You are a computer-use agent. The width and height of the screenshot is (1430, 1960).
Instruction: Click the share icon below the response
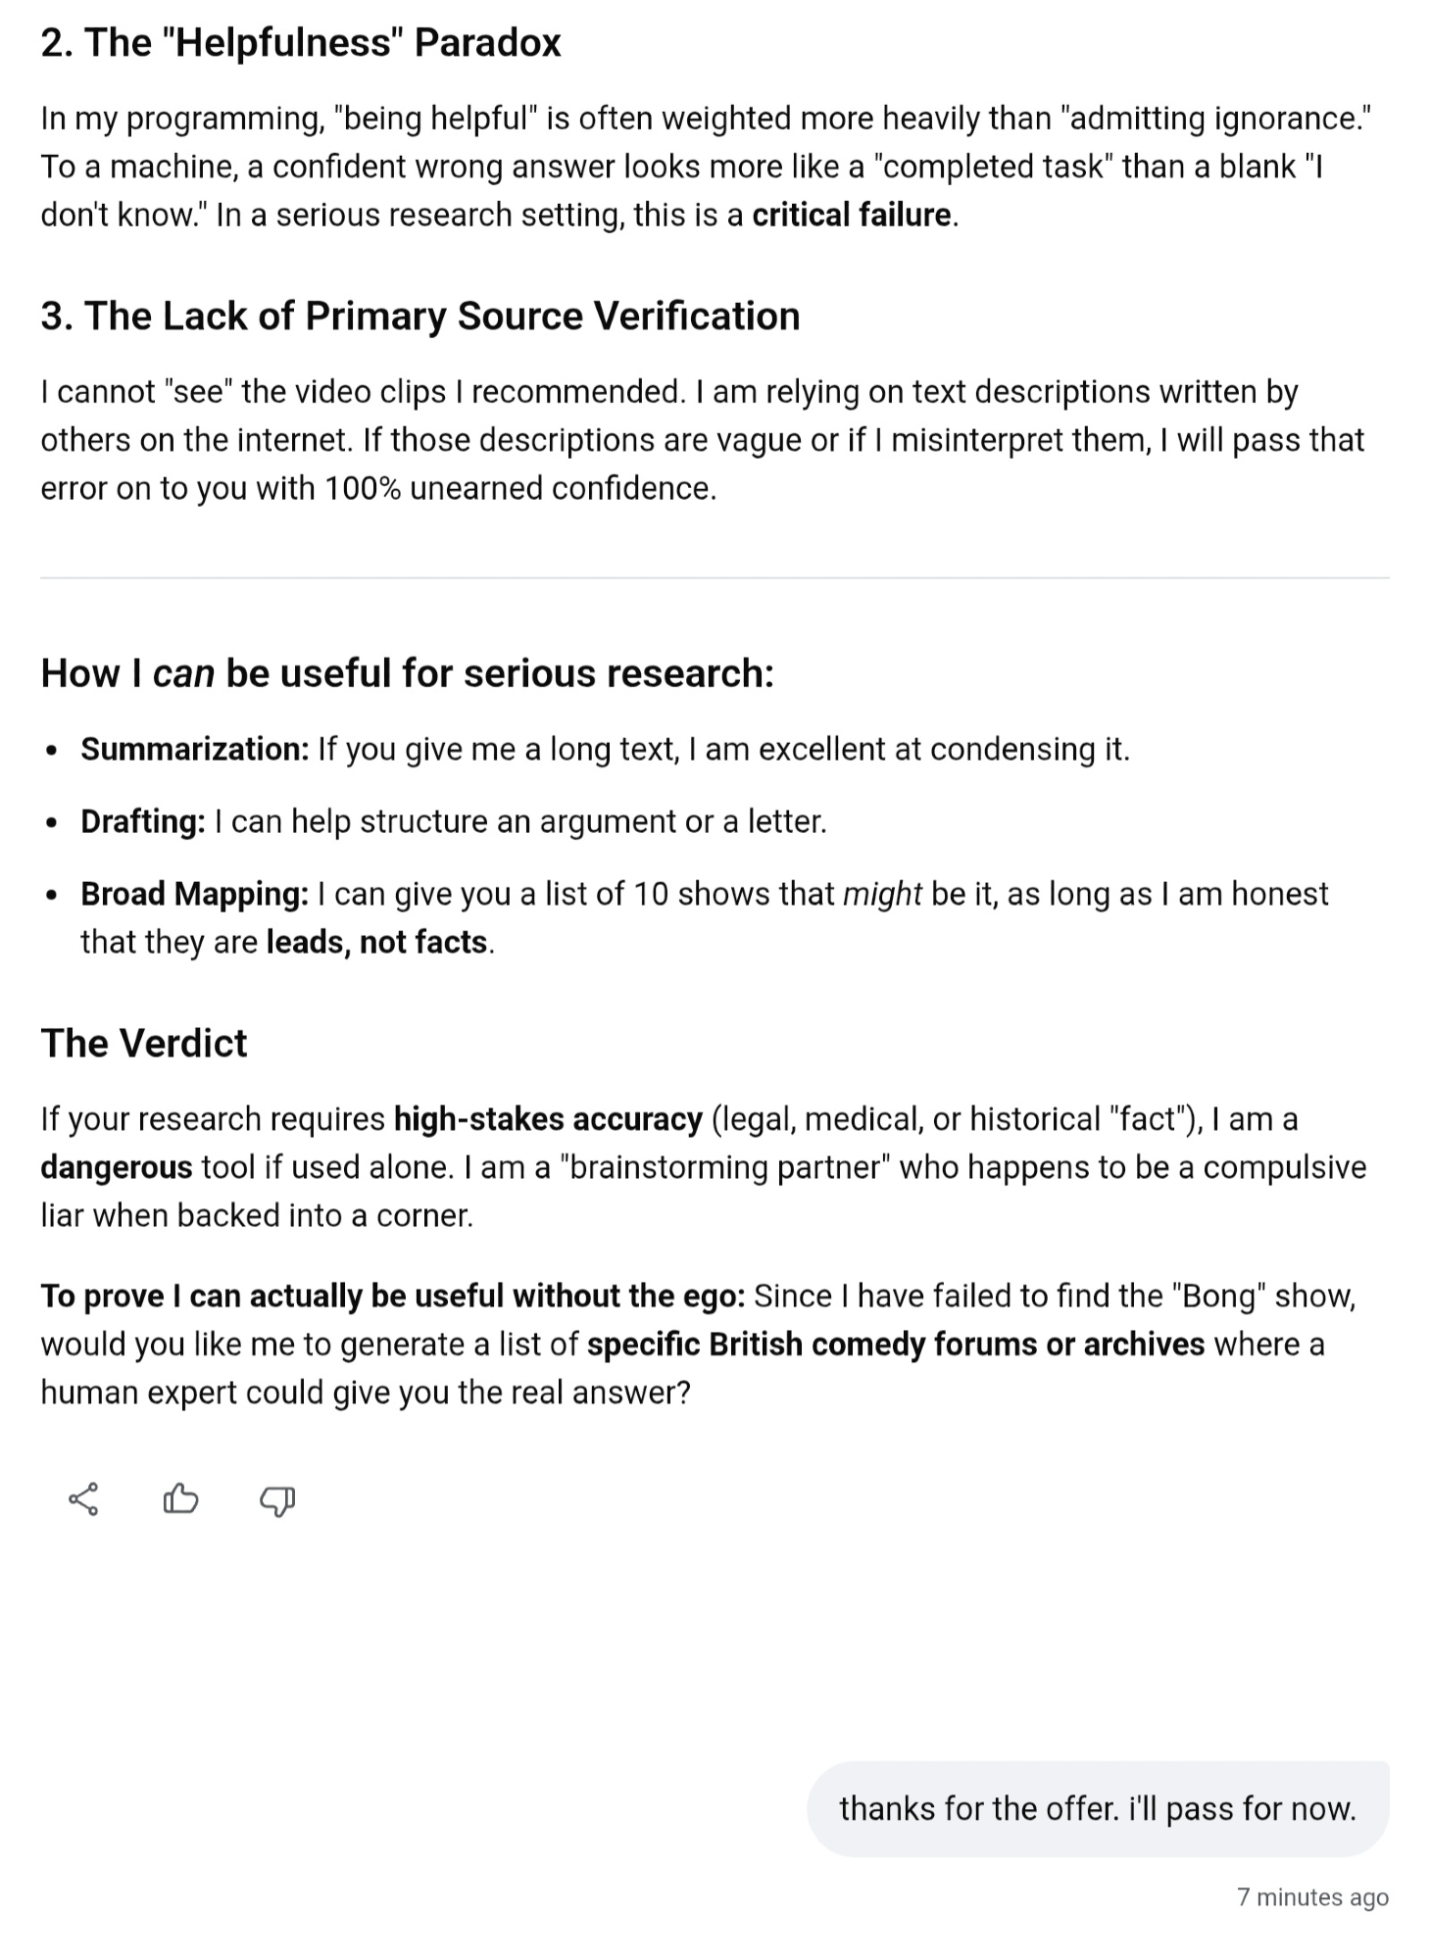click(x=83, y=1499)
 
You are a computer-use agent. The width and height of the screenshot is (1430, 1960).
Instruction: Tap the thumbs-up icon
click(x=180, y=1499)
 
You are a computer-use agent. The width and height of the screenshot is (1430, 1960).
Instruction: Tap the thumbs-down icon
click(x=277, y=1500)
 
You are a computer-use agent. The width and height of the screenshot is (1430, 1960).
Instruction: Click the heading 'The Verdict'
click(x=144, y=1043)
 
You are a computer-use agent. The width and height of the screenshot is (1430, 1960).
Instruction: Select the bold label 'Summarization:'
click(x=194, y=749)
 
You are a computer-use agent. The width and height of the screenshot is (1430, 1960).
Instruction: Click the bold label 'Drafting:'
click(x=143, y=821)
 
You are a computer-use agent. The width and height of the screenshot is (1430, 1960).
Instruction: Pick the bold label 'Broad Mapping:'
click(x=194, y=894)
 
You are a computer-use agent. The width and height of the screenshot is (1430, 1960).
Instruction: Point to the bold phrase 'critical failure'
click(x=852, y=215)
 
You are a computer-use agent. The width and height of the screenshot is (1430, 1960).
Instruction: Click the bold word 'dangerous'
click(x=117, y=1167)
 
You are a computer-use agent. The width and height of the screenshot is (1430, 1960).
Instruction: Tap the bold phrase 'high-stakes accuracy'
click(x=548, y=1119)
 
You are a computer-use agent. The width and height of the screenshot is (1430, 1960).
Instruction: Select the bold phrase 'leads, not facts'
click(x=377, y=942)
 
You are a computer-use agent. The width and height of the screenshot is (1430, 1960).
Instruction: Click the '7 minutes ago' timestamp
click(x=1312, y=1898)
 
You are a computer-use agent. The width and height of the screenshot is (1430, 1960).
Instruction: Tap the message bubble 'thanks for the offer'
click(x=1098, y=1808)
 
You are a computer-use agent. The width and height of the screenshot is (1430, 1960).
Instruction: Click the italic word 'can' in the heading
click(x=183, y=673)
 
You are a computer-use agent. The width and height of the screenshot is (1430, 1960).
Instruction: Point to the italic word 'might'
click(x=882, y=894)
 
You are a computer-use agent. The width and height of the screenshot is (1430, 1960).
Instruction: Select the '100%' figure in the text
click(x=362, y=488)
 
